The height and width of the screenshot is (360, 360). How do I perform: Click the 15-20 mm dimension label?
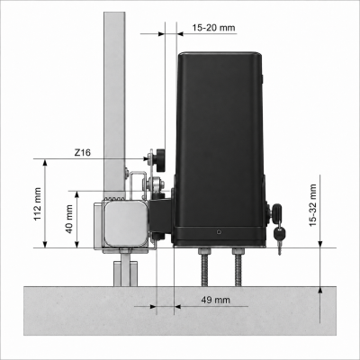(213, 28)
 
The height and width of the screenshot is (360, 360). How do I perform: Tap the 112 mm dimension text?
(38, 204)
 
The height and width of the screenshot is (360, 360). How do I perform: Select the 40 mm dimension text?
(69, 220)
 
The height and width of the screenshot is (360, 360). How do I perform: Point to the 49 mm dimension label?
(215, 300)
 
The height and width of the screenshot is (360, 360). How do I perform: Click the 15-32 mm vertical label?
(312, 205)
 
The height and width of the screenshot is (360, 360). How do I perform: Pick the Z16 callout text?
(82, 152)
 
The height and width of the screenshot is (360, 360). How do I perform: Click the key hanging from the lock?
(279, 239)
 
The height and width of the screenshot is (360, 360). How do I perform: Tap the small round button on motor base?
(219, 232)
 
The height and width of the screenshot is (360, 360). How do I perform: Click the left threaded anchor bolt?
(202, 268)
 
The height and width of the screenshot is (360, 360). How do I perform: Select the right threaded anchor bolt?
(238, 268)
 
